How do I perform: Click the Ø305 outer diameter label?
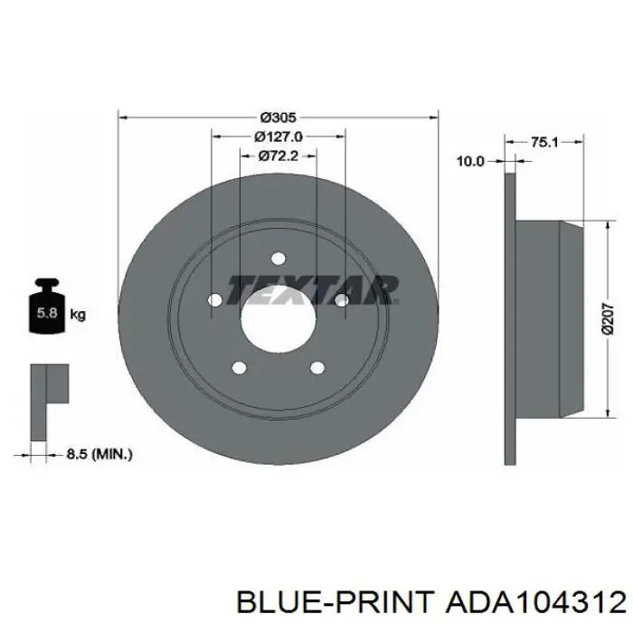tap(279, 118)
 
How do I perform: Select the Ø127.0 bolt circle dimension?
tap(279, 137)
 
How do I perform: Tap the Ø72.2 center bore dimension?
tap(279, 156)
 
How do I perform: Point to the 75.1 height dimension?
tap(544, 142)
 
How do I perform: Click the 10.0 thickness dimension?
tap(470, 162)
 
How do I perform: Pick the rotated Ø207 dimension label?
tap(608, 319)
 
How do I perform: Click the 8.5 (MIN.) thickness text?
tap(99, 455)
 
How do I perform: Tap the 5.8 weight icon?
tap(47, 306)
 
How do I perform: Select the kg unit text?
tap(78, 314)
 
